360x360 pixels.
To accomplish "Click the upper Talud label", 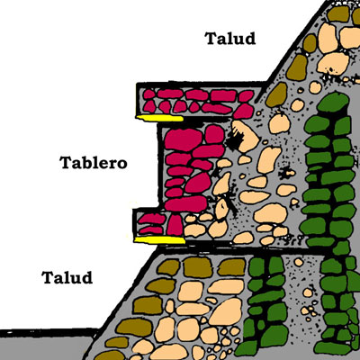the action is pos(230,39).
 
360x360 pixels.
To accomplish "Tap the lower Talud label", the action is pos(67,277).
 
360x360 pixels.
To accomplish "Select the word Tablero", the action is pos(94,163).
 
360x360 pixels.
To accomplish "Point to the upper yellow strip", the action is pos(159,119).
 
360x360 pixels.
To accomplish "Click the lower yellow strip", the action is pos(159,240).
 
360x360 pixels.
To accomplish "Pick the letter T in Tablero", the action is pos(67,163).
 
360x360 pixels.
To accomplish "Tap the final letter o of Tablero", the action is pos(121,165).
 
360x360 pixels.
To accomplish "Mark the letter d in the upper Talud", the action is pos(249,39).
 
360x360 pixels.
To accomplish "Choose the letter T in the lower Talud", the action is pos(48,278).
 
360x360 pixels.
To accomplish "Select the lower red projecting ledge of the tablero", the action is pos(158,224).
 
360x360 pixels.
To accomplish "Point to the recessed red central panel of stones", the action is pos(192,168).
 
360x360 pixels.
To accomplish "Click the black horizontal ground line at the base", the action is pos(49,332).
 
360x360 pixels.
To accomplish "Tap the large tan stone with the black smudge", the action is pos(245,136).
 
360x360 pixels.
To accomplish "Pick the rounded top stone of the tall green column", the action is pos(333,103).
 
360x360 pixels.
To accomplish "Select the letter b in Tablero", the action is pos(87,163).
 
